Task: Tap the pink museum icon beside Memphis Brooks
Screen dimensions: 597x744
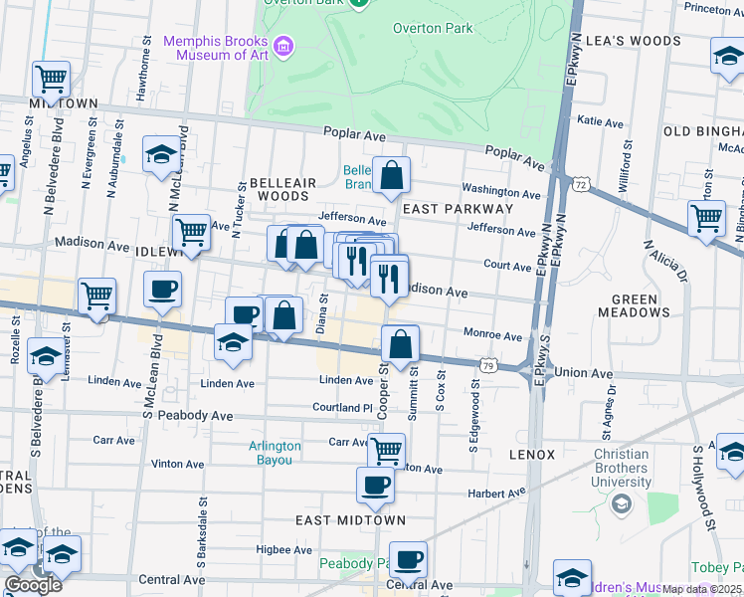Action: tap(284, 45)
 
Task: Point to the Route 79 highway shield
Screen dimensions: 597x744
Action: tap(488, 366)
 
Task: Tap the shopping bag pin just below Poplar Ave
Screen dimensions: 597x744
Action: tap(392, 175)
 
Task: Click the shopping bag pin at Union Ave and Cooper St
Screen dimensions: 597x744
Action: tap(399, 345)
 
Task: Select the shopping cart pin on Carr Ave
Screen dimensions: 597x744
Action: tap(386, 450)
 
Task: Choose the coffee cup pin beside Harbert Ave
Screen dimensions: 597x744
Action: tap(375, 486)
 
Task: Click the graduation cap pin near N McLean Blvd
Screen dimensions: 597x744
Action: tap(161, 155)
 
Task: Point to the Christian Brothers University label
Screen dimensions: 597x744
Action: tap(607, 468)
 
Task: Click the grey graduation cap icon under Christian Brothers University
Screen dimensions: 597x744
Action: tap(621, 504)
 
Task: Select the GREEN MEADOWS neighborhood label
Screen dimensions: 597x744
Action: tap(634, 305)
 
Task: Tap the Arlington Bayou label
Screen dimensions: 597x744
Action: tap(275, 453)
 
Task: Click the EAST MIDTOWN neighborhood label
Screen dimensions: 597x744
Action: tap(351, 520)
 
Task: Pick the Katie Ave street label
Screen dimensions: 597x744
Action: tap(600, 122)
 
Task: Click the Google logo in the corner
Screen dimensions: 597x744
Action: tap(34, 585)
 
